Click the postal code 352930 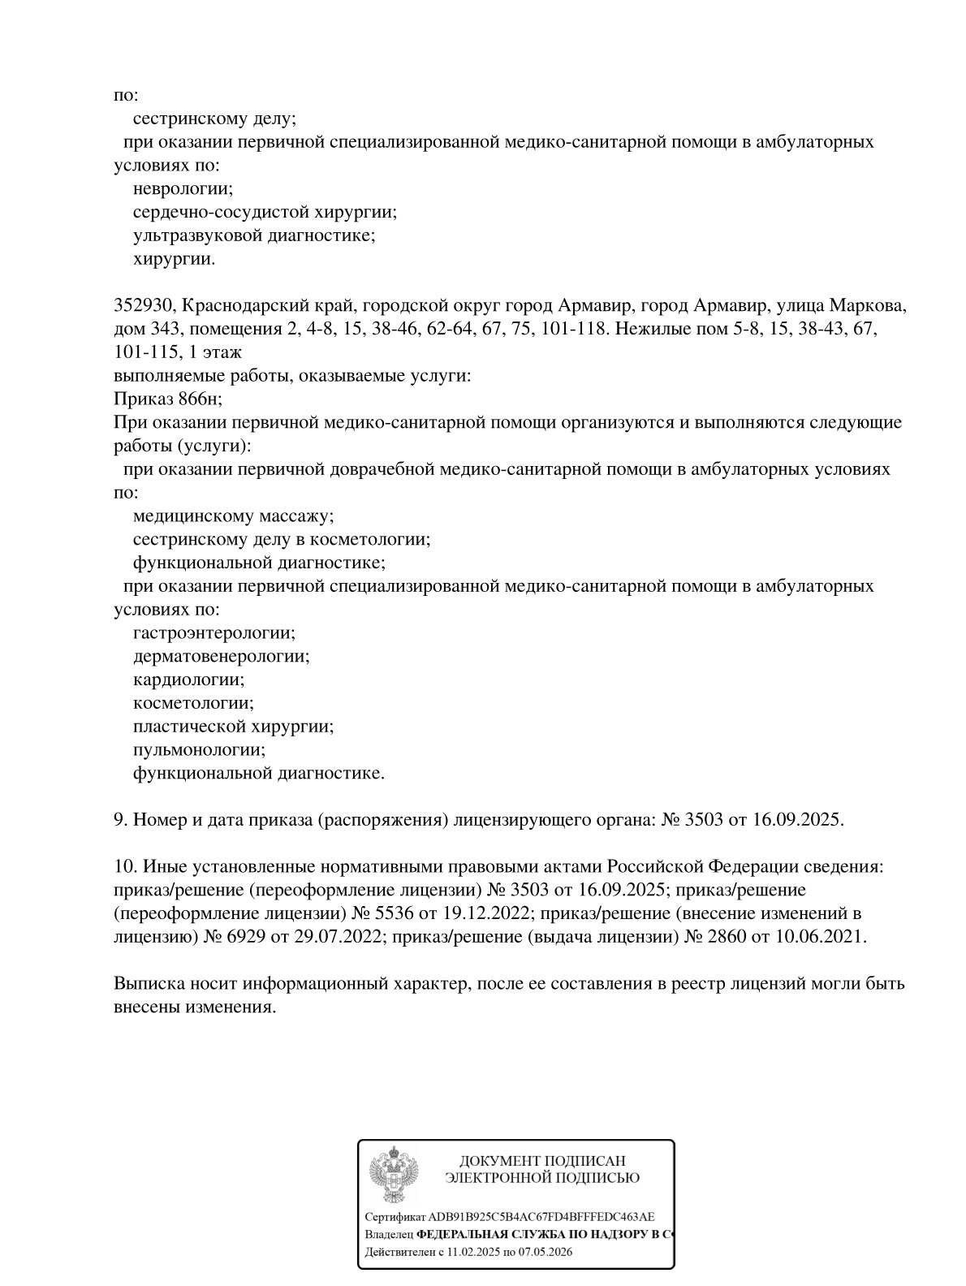click(x=142, y=306)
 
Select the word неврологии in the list click(x=183, y=188)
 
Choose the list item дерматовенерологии click(x=221, y=655)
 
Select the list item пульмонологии click(x=199, y=749)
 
